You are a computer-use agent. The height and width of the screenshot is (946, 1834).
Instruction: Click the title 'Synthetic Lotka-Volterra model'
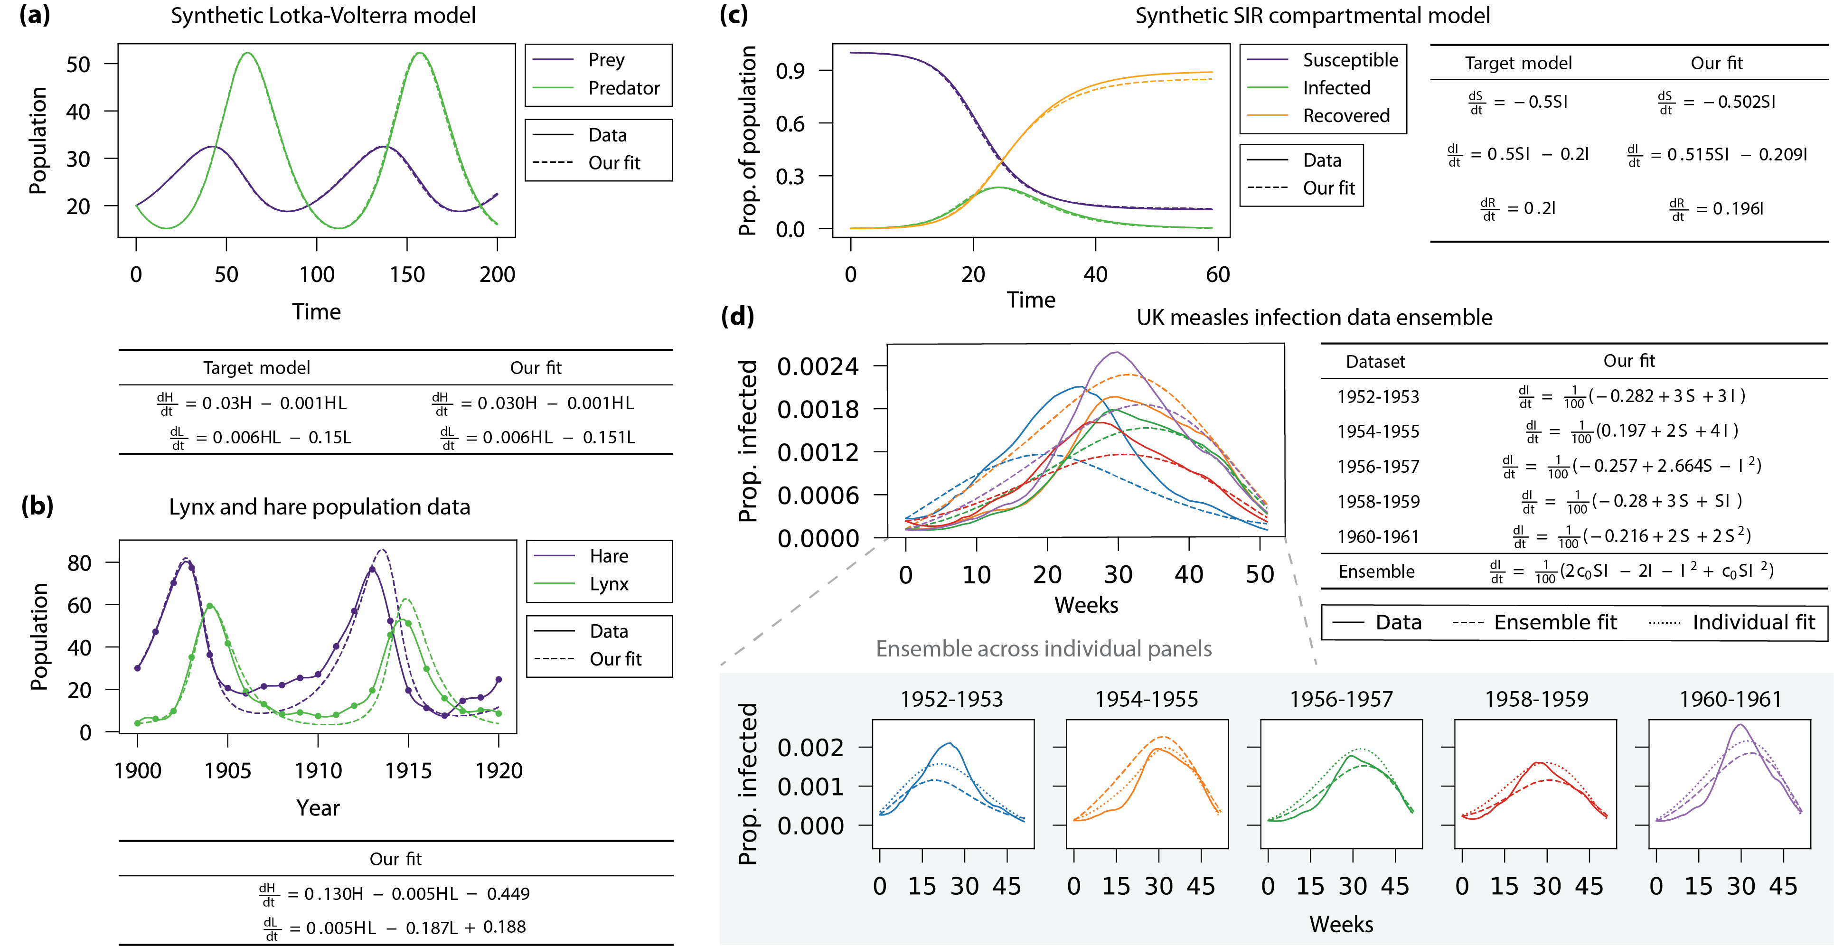point(322,16)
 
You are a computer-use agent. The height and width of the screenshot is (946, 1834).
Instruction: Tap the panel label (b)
point(37,506)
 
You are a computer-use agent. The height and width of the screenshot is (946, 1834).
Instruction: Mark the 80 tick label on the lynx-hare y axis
point(79,563)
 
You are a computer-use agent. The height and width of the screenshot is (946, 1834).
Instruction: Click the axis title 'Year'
point(318,808)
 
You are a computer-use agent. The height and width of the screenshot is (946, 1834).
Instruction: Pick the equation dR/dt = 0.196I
point(1716,208)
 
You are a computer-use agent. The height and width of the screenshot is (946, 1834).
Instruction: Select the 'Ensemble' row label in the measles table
point(1376,571)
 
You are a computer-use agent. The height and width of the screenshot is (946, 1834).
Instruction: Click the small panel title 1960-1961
point(1730,699)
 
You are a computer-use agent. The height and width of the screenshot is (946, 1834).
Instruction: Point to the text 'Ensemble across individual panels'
point(1043,648)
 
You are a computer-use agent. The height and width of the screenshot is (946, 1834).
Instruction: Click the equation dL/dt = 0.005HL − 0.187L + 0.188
point(395,927)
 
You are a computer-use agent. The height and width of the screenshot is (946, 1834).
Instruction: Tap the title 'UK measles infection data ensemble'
point(1314,318)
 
